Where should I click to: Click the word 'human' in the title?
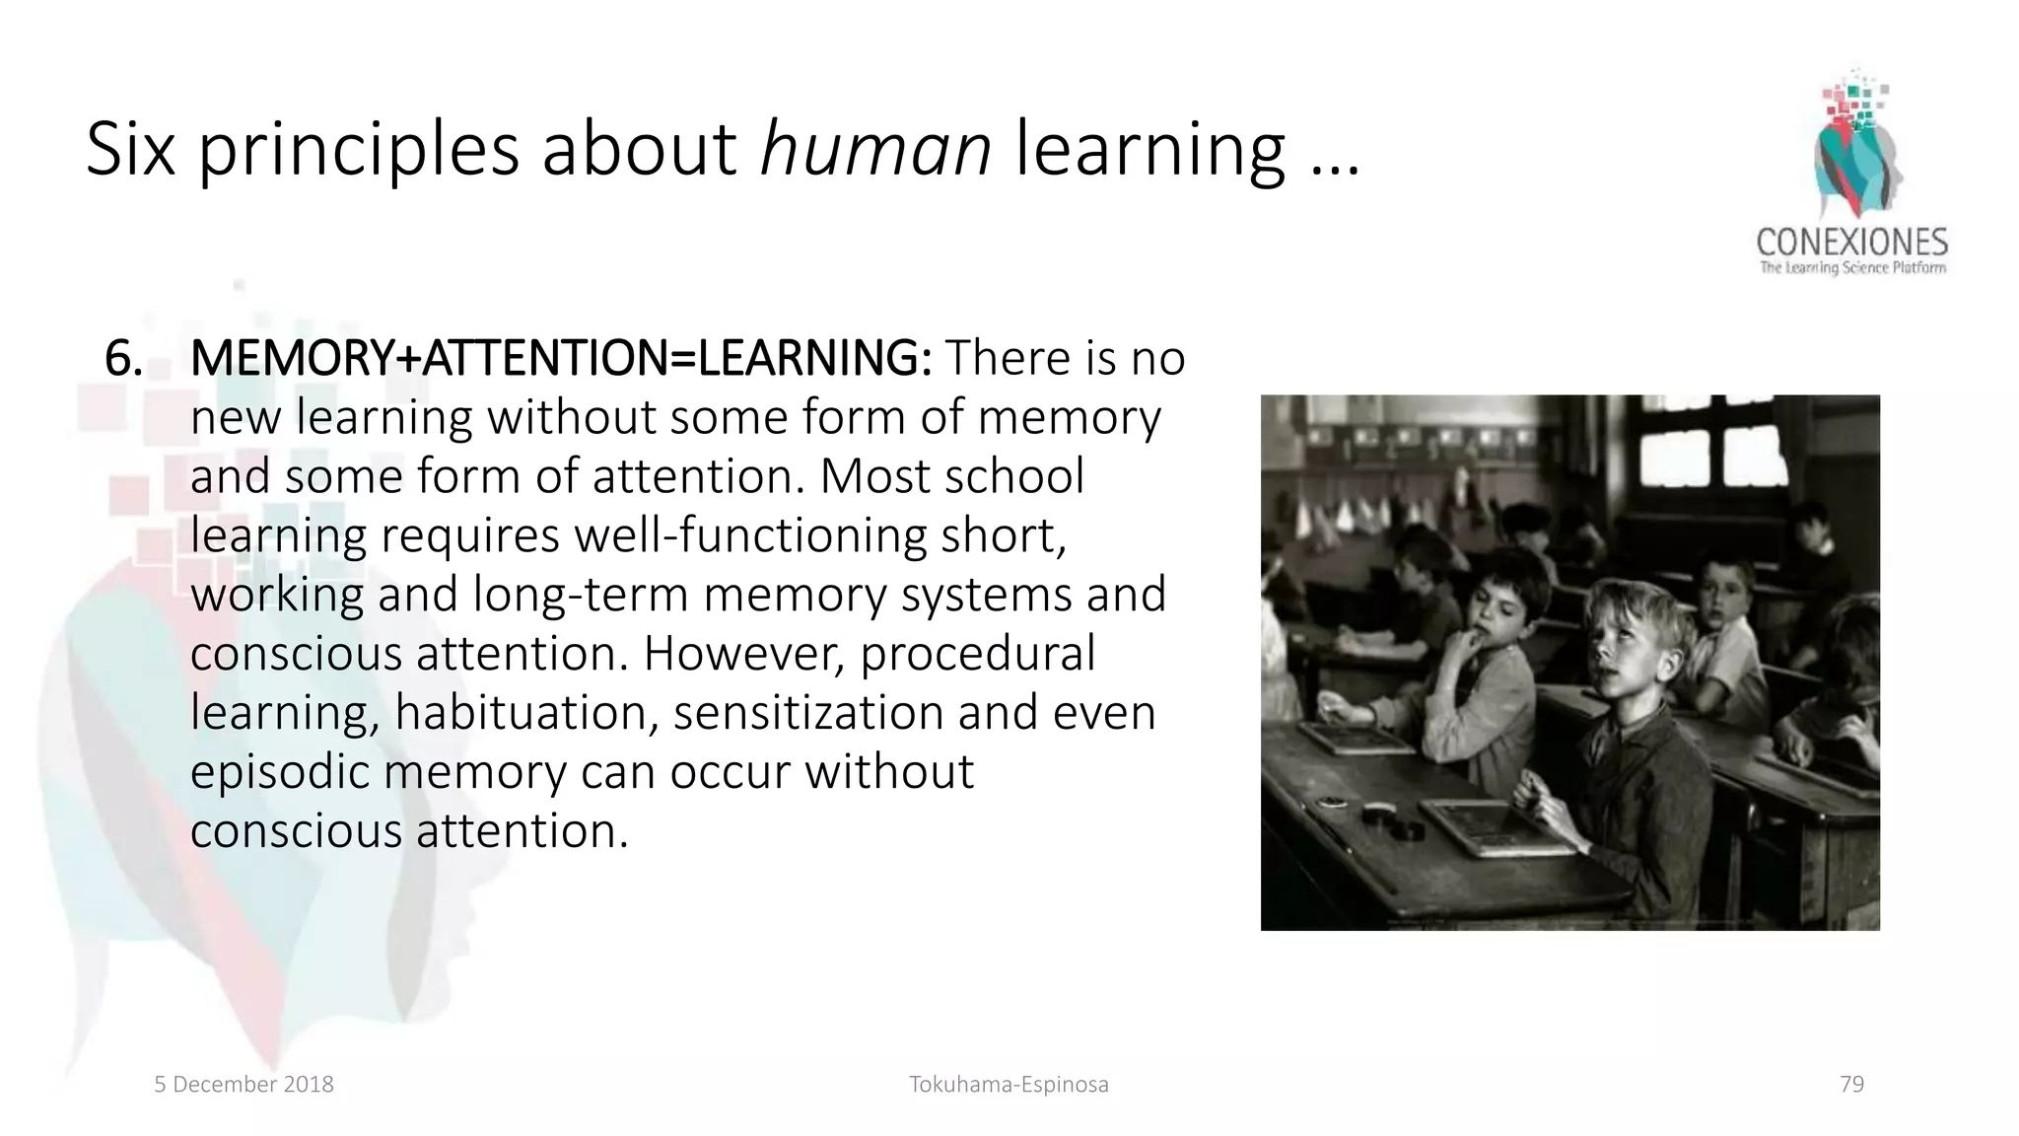tap(875, 149)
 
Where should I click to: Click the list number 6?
tap(123, 358)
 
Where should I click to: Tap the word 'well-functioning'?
tap(750, 535)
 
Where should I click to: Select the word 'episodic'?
tap(278, 772)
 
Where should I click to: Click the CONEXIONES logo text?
tap(1851, 243)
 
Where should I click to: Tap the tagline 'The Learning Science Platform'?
tap(1852, 267)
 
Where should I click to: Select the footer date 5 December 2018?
tap(244, 1085)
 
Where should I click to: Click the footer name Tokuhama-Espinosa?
tap(1009, 1085)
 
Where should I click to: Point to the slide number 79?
tap(1851, 1085)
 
